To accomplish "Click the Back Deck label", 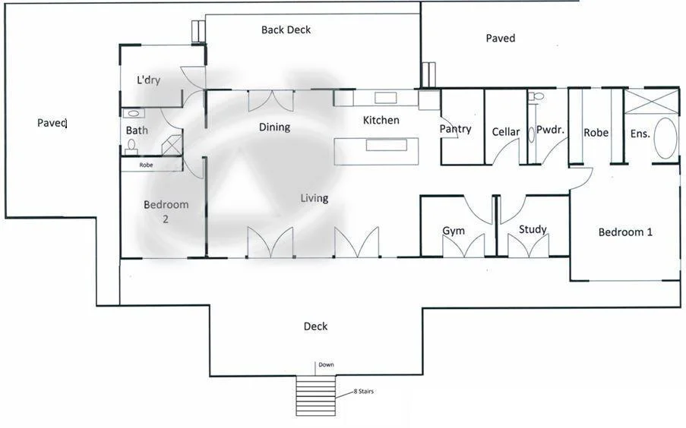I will pyautogui.click(x=286, y=30).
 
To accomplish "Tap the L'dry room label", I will pyautogui.click(x=148, y=80).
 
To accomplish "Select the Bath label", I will pyautogui.click(x=137, y=131).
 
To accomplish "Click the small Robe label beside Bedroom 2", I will pyautogui.click(x=146, y=165).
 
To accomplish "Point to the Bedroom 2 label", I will pyautogui.click(x=166, y=212).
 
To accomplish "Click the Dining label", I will pyautogui.click(x=274, y=127).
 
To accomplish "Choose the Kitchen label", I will pyautogui.click(x=381, y=121).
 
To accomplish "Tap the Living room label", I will pyautogui.click(x=314, y=198).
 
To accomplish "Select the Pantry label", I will pyautogui.click(x=455, y=129).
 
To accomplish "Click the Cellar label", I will pyautogui.click(x=505, y=132).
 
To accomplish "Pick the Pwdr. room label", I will pyautogui.click(x=549, y=130).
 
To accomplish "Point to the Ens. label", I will pyautogui.click(x=640, y=134).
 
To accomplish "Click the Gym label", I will pyautogui.click(x=454, y=231).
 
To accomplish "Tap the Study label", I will pyautogui.click(x=533, y=229).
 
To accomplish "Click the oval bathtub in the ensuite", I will pyautogui.click(x=665, y=138).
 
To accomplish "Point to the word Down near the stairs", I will pyautogui.click(x=326, y=365).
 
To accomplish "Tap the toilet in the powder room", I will pyautogui.click(x=537, y=97).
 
